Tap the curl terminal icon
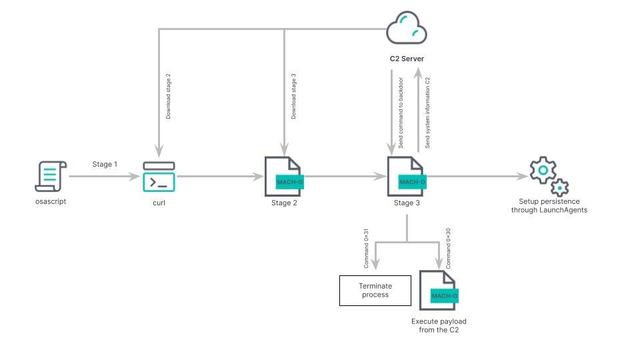pyautogui.click(x=159, y=177)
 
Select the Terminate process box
pyautogui.click(x=375, y=291)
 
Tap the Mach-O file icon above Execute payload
pyautogui.click(x=438, y=291)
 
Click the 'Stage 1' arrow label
pyautogui.click(x=105, y=164)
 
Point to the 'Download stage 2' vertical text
pyautogui.click(x=168, y=97)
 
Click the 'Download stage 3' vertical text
pyautogui.click(x=293, y=97)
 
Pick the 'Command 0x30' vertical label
pyautogui.click(x=448, y=248)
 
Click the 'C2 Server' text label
pyautogui.click(x=407, y=59)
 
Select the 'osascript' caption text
pyautogui.click(x=51, y=202)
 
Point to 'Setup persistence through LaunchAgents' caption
pyautogui.click(x=549, y=206)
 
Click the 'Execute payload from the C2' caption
pyautogui.click(x=439, y=326)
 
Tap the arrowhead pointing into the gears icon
pyautogui.click(x=523, y=177)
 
